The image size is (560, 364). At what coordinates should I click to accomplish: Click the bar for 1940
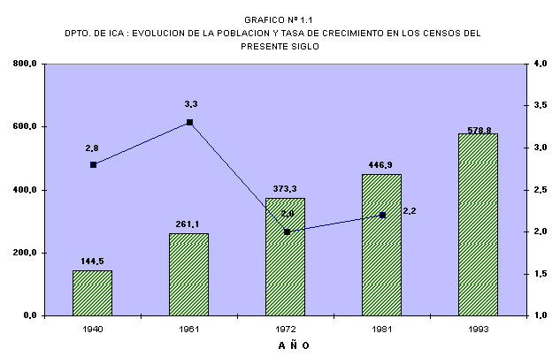pos(92,292)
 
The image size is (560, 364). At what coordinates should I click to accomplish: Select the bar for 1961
pos(189,274)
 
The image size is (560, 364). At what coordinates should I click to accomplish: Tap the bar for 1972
pos(286,256)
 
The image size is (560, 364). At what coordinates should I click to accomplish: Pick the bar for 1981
pos(381,245)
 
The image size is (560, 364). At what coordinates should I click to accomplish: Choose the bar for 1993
pos(479,224)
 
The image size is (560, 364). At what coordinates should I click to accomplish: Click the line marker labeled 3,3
pos(189,123)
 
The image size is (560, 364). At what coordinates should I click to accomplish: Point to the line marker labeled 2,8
pos(93,164)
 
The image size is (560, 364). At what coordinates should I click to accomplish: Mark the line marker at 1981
pos(382,215)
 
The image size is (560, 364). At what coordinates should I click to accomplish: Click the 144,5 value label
pos(93,262)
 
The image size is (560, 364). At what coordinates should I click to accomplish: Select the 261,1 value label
pos(189,224)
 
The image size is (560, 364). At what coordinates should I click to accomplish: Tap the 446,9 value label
pos(382,164)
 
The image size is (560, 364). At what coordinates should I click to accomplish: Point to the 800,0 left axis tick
pos(24,64)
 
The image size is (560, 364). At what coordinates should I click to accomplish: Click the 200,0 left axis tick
pos(24,253)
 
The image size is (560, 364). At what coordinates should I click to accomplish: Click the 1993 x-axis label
pos(479,329)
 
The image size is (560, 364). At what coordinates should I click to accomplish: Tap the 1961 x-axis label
pos(189,329)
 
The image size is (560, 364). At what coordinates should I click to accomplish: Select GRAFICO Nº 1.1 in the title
pos(280,18)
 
